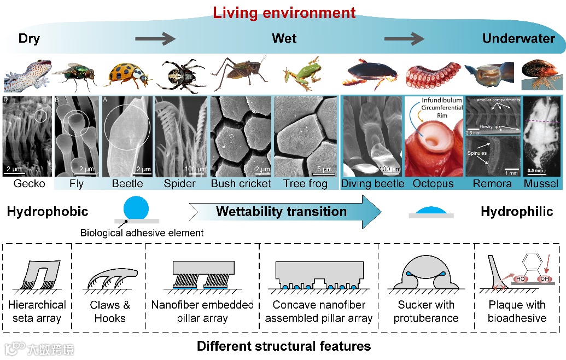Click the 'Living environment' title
[x=284, y=12]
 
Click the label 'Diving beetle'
[x=372, y=184]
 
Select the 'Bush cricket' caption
[x=241, y=184]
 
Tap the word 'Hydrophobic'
[x=48, y=212]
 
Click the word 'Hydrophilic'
[x=517, y=212]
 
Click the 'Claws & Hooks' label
[x=109, y=312]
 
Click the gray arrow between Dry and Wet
[x=155, y=38]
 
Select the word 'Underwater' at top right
[x=518, y=38]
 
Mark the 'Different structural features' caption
[x=283, y=346]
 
